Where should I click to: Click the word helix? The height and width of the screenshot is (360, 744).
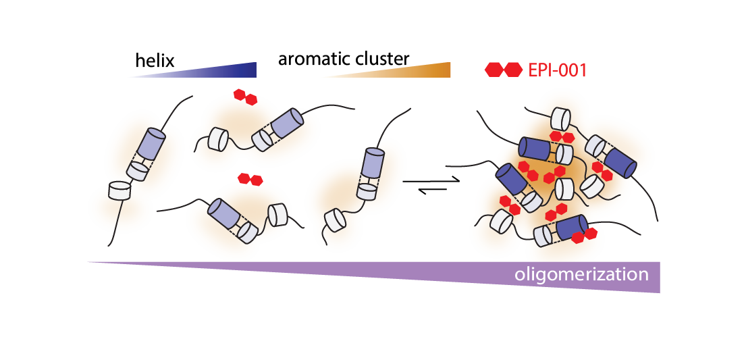coord(155,61)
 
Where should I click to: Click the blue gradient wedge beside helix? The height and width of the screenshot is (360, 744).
coord(223,70)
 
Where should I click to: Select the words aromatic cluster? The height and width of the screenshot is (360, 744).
coord(344,59)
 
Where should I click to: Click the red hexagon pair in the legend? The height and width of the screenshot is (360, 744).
coord(504,69)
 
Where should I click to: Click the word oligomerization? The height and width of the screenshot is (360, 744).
coord(581,275)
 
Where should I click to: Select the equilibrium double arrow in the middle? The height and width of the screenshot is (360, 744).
coord(430,185)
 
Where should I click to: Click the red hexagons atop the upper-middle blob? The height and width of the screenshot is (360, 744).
coord(244,97)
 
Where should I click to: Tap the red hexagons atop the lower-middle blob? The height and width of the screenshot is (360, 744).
coord(251,180)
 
